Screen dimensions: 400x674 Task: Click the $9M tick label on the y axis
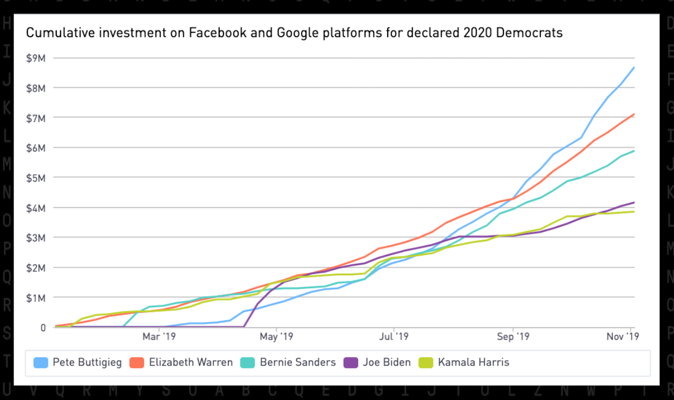click(x=37, y=58)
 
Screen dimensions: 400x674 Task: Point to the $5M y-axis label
click(x=37, y=178)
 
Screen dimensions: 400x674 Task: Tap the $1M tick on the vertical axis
click(x=37, y=298)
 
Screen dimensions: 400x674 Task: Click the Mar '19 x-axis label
click(x=159, y=337)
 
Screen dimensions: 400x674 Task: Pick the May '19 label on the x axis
click(x=276, y=337)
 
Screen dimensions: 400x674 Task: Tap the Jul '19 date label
click(x=393, y=337)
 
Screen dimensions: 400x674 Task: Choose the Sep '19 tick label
click(x=513, y=337)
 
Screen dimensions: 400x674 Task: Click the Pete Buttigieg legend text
click(x=87, y=362)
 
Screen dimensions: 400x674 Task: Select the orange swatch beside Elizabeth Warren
click(x=137, y=362)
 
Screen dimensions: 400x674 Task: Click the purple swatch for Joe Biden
click(x=351, y=362)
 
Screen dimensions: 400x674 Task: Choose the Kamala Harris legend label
click(x=473, y=362)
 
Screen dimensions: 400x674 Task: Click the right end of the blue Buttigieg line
click(x=634, y=67)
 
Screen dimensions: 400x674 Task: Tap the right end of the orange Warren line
click(x=634, y=114)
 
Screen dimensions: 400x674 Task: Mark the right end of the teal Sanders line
click(x=634, y=151)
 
